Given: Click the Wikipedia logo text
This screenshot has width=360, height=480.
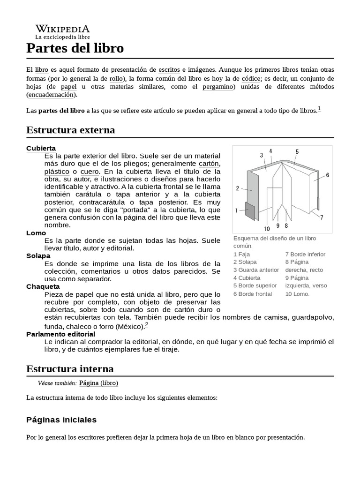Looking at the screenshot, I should pos(62,29).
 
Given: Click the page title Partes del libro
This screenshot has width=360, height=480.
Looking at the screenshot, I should pos(75,48).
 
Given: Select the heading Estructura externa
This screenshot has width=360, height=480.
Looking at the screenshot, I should pos(70,130).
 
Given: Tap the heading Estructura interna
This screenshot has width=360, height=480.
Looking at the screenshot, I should pos(70,369).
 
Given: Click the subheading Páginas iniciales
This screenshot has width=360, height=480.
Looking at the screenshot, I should pos(61,420).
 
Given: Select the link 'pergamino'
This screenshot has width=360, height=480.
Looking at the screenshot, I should pos(218,87).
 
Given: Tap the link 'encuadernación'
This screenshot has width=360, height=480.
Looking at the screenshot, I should pos(51,95).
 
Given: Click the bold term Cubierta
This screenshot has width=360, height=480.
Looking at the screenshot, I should pos(41,148).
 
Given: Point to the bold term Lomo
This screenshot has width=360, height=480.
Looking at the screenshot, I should pos(36,233).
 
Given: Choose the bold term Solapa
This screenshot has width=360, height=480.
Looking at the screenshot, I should pos(38,256).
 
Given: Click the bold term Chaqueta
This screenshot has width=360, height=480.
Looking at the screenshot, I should pos(43,286).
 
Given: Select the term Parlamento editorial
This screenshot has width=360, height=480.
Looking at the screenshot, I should pos(60,334).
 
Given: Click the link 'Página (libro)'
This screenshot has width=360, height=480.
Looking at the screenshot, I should pos(98,383).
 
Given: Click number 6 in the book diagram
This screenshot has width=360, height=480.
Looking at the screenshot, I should pos(327,175).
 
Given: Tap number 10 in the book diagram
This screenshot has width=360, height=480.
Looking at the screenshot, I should pos(267,229).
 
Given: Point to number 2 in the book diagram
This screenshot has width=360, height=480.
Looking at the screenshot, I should pos(238,188).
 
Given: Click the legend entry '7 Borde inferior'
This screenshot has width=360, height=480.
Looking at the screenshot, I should pos(305,254).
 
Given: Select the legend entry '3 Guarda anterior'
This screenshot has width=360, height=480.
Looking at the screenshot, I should pos(256,270).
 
